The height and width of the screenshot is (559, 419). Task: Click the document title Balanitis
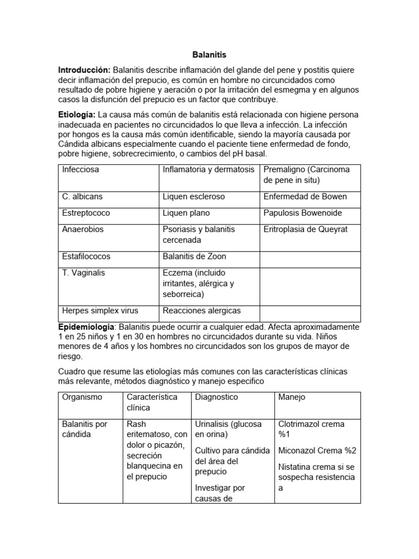click(x=209, y=55)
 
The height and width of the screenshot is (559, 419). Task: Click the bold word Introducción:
click(x=85, y=70)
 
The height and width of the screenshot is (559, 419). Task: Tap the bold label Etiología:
click(x=77, y=115)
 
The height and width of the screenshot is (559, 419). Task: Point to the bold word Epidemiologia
click(x=87, y=326)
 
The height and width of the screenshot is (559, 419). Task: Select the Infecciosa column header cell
click(x=81, y=170)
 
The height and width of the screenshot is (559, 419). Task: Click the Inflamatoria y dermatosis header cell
click(x=208, y=170)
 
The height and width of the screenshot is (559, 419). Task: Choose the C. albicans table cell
click(x=82, y=197)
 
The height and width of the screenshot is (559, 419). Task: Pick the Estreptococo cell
click(x=86, y=213)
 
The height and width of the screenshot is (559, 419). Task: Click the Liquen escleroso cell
click(x=194, y=197)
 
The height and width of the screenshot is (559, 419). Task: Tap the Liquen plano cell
click(x=186, y=213)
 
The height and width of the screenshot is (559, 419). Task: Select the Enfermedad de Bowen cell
click(x=305, y=197)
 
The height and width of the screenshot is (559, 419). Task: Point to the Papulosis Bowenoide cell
click(x=303, y=213)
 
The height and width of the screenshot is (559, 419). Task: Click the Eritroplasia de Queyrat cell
click(x=305, y=229)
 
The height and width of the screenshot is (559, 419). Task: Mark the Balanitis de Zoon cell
click(x=194, y=257)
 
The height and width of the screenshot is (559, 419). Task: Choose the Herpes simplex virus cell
click(x=98, y=311)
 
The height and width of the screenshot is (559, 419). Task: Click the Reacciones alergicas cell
click(x=201, y=311)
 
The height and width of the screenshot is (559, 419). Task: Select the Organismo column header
click(x=82, y=397)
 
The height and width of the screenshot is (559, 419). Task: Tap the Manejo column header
click(x=292, y=397)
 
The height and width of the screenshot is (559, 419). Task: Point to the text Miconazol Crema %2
click(x=317, y=450)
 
